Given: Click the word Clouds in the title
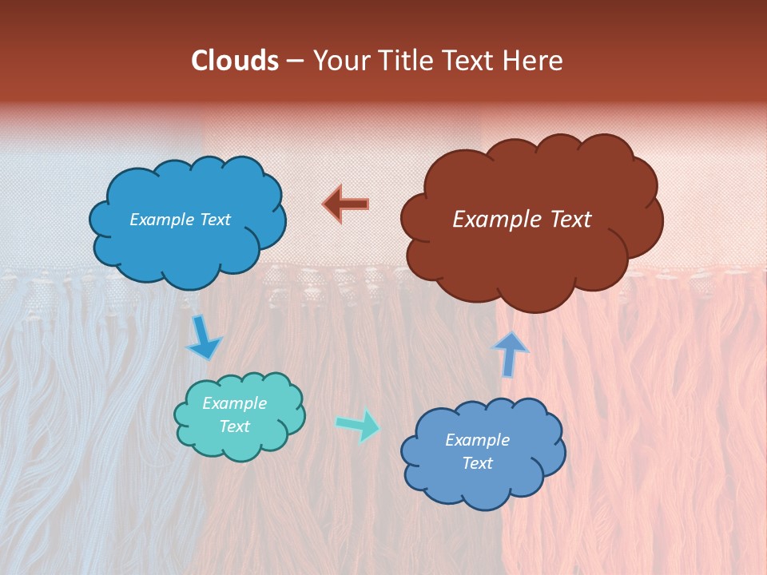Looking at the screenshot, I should [235, 61].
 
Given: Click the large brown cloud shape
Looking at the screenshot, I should [527, 256].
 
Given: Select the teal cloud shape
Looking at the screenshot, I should [240, 447].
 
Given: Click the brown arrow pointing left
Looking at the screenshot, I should [346, 204].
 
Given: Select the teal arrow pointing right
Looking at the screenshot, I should [358, 425].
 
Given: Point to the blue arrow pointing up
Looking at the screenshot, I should [509, 353].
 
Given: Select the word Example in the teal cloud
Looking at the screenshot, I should [234, 403].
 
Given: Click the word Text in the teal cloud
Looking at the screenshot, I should [234, 426].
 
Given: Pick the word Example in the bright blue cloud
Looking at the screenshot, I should [161, 220].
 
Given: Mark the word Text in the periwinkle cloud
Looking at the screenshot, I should [478, 463].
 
